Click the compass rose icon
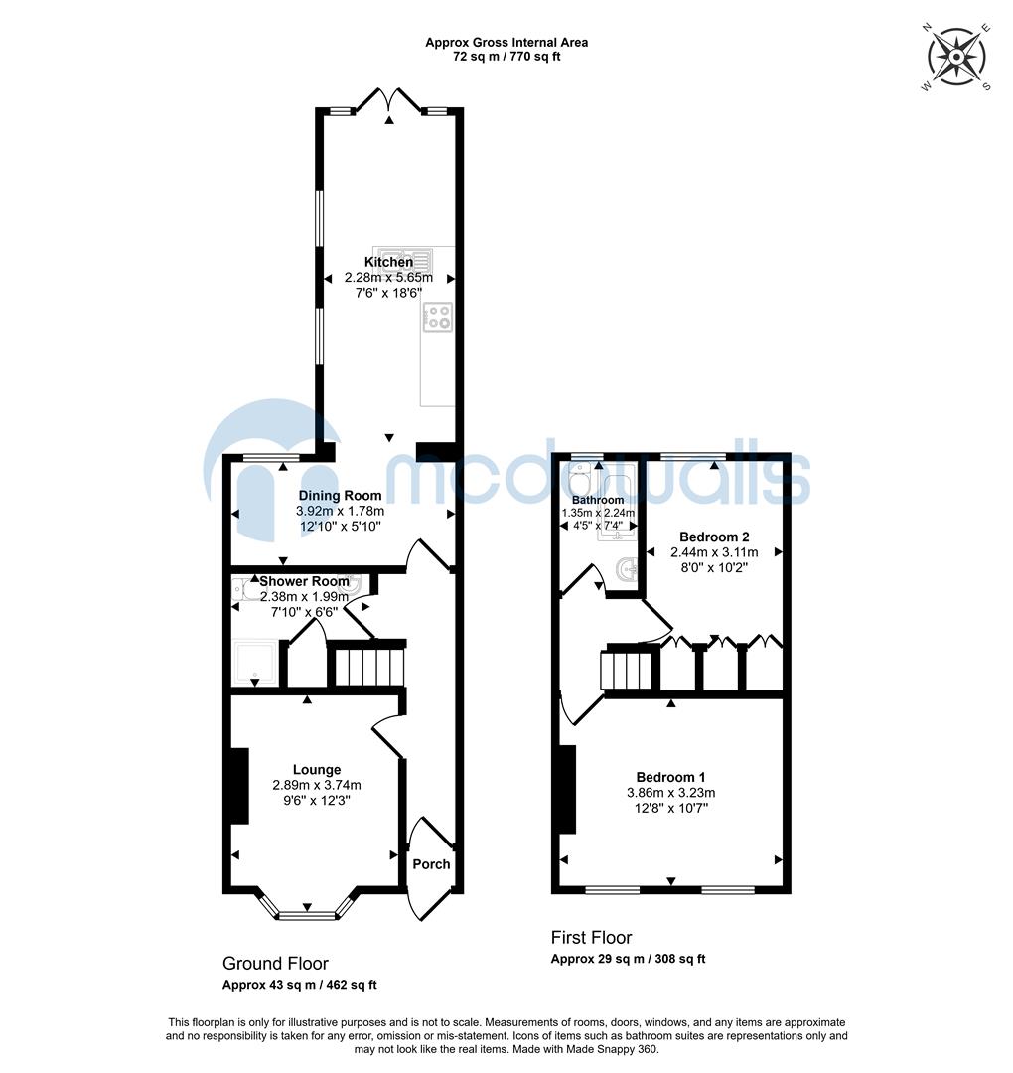coord(955,58)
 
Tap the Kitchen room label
coord(388,262)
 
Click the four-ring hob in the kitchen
coord(438,317)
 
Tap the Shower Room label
coord(304,581)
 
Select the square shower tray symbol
coord(253,662)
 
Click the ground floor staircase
coord(367,667)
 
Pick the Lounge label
coord(317,769)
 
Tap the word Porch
coord(431,864)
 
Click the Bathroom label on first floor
coord(598,500)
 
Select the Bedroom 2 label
coord(713,536)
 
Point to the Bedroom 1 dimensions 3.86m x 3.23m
coord(670,793)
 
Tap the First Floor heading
coord(591,937)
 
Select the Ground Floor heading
coord(275,963)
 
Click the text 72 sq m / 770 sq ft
coord(506,57)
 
